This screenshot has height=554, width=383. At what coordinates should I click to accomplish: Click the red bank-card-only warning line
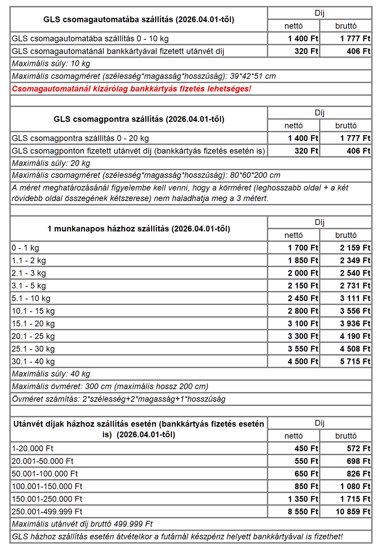pyautogui.click(x=131, y=89)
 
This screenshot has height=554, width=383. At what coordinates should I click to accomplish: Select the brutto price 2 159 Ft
pyautogui.click(x=355, y=248)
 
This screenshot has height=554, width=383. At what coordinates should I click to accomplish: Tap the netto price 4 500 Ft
pyautogui.click(x=303, y=361)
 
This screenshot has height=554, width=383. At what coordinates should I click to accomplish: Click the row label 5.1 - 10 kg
pyautogui.click(x=31, y=298)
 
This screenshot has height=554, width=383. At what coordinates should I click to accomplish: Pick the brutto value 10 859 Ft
pyautogui.click(x=353, y=512)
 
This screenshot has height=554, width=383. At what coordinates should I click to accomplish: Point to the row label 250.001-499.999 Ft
pyautogui.click(x=47, y=512)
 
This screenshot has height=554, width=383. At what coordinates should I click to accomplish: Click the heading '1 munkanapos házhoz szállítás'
pyautogui.click(x=138, y=229)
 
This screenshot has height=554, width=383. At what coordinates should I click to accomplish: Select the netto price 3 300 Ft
pyautogui.click(x=303, y=336)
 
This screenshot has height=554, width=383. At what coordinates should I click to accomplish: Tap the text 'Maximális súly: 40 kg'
pyautogui.click(x=51, y=374)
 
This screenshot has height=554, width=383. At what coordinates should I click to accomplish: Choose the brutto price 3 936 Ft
pyautogui.click(x=355, y=324)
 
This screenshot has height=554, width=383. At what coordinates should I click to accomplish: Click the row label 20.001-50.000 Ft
pyautogui.click(x=43, y=461)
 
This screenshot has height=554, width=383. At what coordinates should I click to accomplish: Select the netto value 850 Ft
pyautogui.click(x=306, y=486)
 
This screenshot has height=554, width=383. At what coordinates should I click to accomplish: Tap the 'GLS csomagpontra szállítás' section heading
pyautogui.click(x=138, y=119)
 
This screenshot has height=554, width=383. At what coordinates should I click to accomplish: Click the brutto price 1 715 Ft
pyautogui.click(x=355, y=499)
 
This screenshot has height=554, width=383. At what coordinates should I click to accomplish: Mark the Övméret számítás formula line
pyautogui.click(x=119, y=399)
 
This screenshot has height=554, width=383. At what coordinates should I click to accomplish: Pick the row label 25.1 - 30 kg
pyautogui.click(x=33, y=349)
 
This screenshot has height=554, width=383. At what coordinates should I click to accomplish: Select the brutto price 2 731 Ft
pyautogui.click(x=355, y=286)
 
